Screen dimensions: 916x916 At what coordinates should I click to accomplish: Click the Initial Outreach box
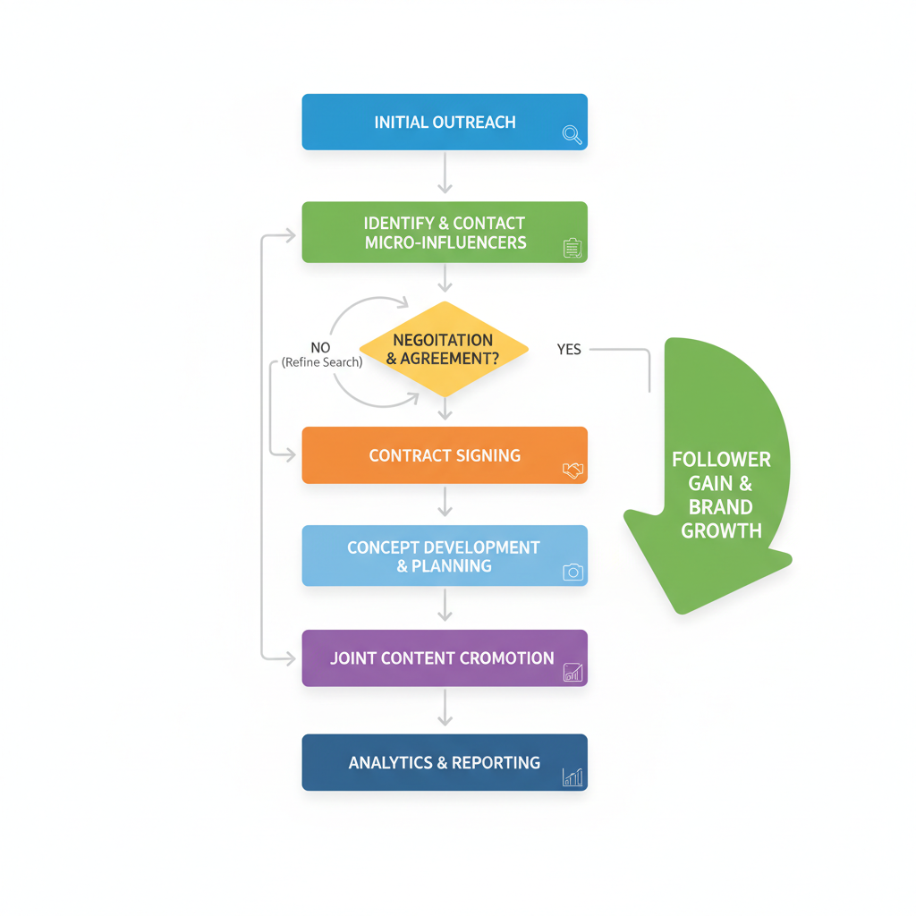click(x=445, y=122)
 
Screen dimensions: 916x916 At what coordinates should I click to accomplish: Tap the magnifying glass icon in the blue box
click(x=572, y=135)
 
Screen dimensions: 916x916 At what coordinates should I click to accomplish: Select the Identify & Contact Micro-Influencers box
click(x=445, y=232)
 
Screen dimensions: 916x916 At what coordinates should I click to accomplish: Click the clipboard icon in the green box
click(x=572, y=248)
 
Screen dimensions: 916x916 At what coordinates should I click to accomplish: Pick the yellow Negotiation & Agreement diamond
click(x=444, y=349)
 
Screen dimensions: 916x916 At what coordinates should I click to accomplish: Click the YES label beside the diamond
click(x=569, y=350)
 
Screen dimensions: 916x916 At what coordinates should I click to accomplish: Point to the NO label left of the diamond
click(x=320, y=347)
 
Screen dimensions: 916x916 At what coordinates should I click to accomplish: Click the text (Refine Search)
click(x=322, y=362)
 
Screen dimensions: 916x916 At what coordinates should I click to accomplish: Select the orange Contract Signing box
click(x=445, y=455)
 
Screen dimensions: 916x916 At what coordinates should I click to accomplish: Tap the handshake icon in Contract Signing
click(x=572, y=470)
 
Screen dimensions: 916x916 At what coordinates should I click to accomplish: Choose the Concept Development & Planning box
click(x=445, y=556)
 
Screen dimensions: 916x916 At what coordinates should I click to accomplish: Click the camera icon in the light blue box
click(x=572, y=572)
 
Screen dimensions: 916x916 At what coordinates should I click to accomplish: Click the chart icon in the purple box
click(x=572, y=673)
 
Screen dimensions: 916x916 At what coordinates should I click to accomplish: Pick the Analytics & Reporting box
click(x=445, y=762)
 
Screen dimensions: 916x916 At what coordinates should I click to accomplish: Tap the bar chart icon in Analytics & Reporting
click(x=572, y=777)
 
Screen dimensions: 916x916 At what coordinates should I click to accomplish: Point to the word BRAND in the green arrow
click(x=721, y=507)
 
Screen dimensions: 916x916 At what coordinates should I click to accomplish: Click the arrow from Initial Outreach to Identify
click(x=445, y=174)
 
